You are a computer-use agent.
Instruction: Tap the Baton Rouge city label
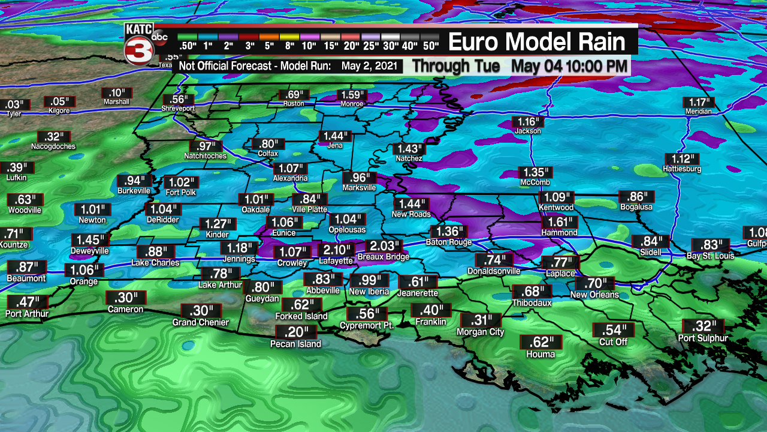pos(449,242)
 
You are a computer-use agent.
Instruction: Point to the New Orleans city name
pos(594,295)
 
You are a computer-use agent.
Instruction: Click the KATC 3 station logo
pos(139,44)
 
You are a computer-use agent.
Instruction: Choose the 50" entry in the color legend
pos(430,46)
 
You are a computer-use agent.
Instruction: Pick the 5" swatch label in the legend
pos(268,46)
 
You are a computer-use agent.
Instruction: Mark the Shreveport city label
pos(178,109)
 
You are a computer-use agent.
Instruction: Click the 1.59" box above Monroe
pos(353,95)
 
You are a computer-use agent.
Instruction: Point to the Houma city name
pos(540,354)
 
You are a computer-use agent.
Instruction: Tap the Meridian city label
pos(699,112)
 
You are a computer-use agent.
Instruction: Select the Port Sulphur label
pos(703,338)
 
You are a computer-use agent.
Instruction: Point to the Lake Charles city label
pos(155,263)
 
